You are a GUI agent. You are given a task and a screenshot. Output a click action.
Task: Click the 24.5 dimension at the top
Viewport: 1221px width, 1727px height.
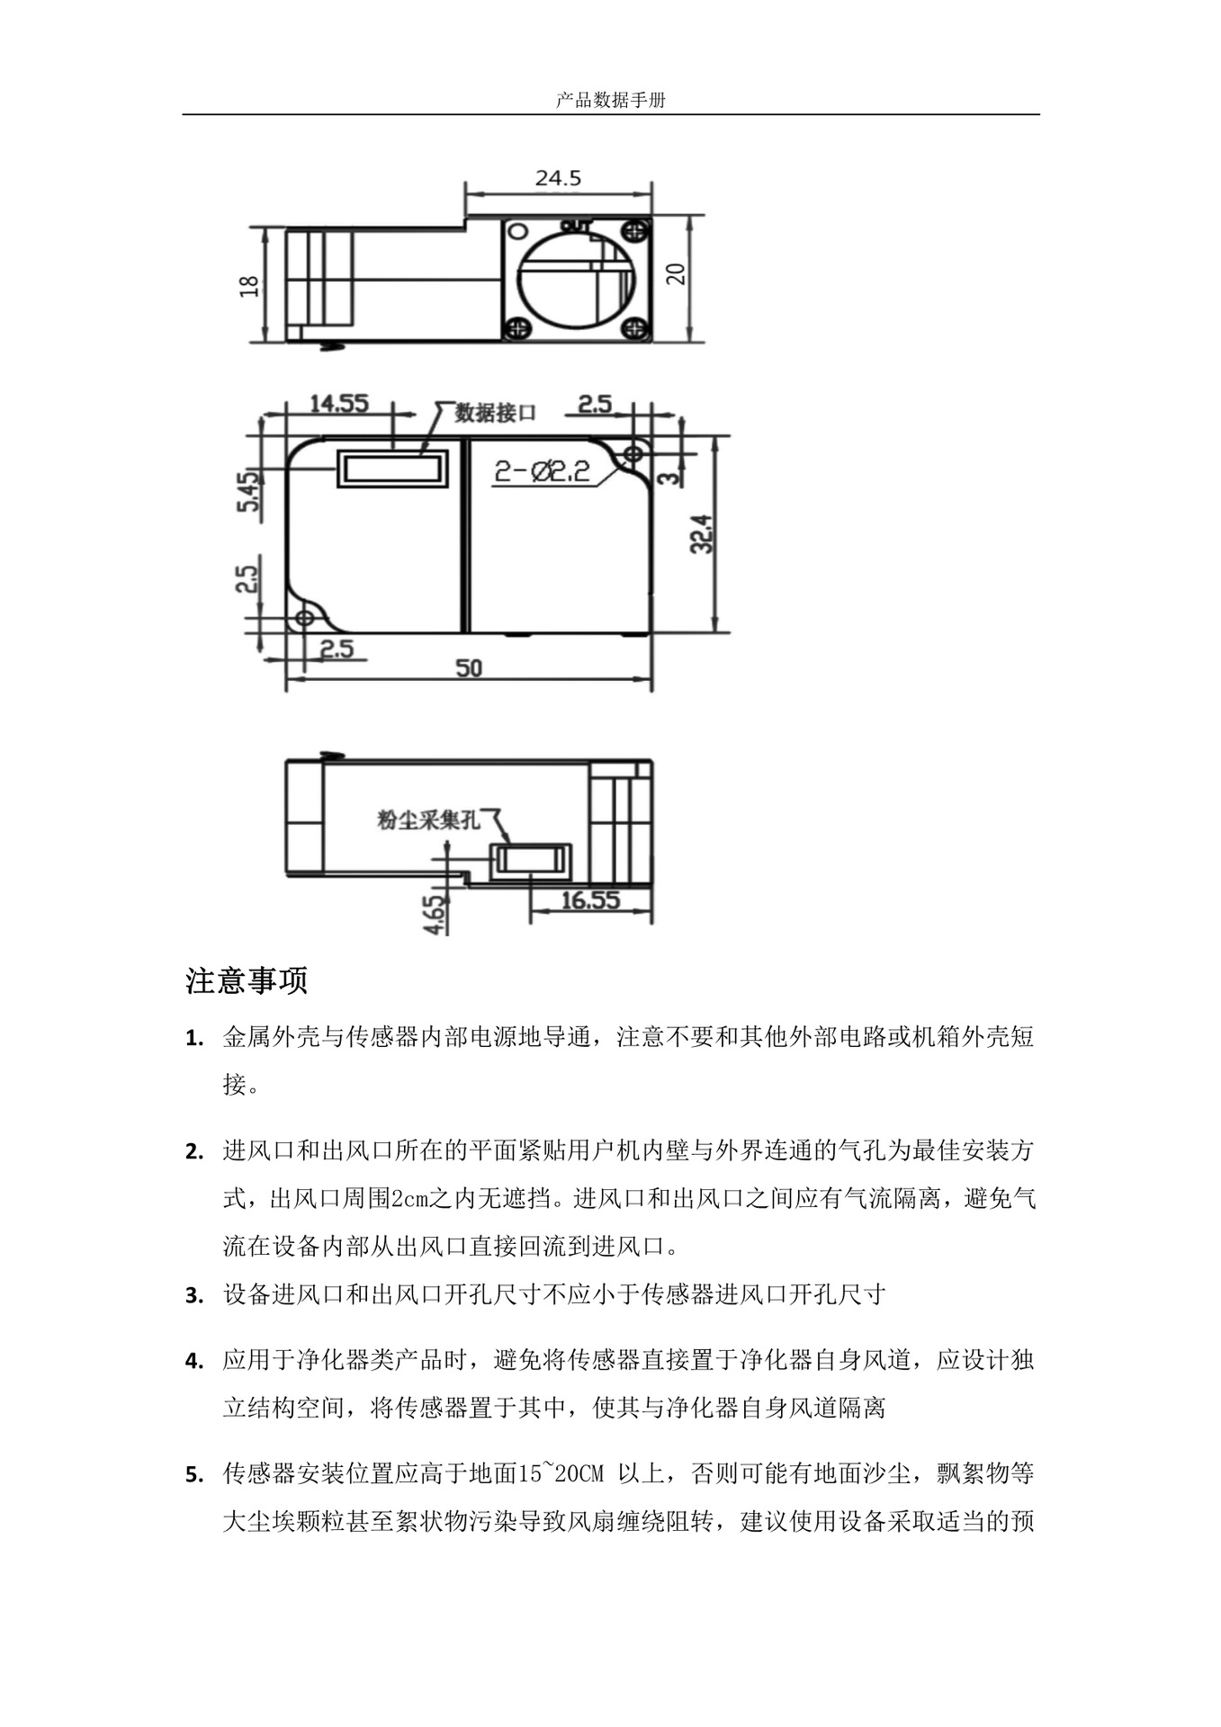[x=558, y=178]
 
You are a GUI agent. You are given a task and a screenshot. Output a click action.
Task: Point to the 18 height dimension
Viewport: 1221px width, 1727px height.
[x=249, y=285]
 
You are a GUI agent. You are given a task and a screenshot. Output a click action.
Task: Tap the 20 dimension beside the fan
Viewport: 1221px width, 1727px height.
[x=677, y=273]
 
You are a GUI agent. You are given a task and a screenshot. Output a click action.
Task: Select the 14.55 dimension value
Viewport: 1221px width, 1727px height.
[x=339, y=404]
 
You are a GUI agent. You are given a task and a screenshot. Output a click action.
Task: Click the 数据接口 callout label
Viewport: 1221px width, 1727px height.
[x=495, y=413]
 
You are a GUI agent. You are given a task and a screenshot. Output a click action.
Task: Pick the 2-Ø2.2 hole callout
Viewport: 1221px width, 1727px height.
[x=543, y=471]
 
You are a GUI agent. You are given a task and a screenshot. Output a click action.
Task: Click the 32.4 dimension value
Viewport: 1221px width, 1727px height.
[x=702, y=533]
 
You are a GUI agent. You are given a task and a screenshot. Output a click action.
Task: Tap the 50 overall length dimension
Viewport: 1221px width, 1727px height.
[x=468, y=667]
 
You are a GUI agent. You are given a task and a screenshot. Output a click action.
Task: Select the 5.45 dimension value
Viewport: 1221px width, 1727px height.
[x=247, y=489]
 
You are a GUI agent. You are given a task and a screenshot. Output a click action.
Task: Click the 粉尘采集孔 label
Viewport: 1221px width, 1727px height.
[x=428, y=819]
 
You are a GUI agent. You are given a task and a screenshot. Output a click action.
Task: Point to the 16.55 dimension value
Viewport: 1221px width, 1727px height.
[x=590, y=899]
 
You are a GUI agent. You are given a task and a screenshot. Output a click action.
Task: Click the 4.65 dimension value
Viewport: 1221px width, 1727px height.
[x=435, y=914]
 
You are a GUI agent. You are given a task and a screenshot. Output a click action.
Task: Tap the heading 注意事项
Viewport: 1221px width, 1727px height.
[x=247, y=980]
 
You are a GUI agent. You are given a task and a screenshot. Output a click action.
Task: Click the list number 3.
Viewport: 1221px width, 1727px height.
[x=193, y=1296]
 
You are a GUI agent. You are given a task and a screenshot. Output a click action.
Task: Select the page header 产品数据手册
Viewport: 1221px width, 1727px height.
[x=610, y=101]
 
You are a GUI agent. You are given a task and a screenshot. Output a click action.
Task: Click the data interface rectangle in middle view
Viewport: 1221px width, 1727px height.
[x=392, y=468]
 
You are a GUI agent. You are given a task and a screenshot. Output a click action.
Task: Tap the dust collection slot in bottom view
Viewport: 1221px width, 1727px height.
[x=531, y=859]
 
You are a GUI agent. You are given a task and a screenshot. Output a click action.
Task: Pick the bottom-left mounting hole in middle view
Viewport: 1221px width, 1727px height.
[x=305, y=617]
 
